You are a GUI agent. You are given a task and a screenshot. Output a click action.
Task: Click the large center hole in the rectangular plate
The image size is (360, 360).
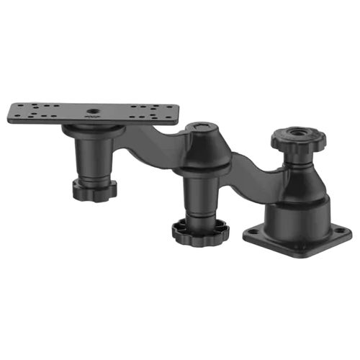(x=91, y=112)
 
